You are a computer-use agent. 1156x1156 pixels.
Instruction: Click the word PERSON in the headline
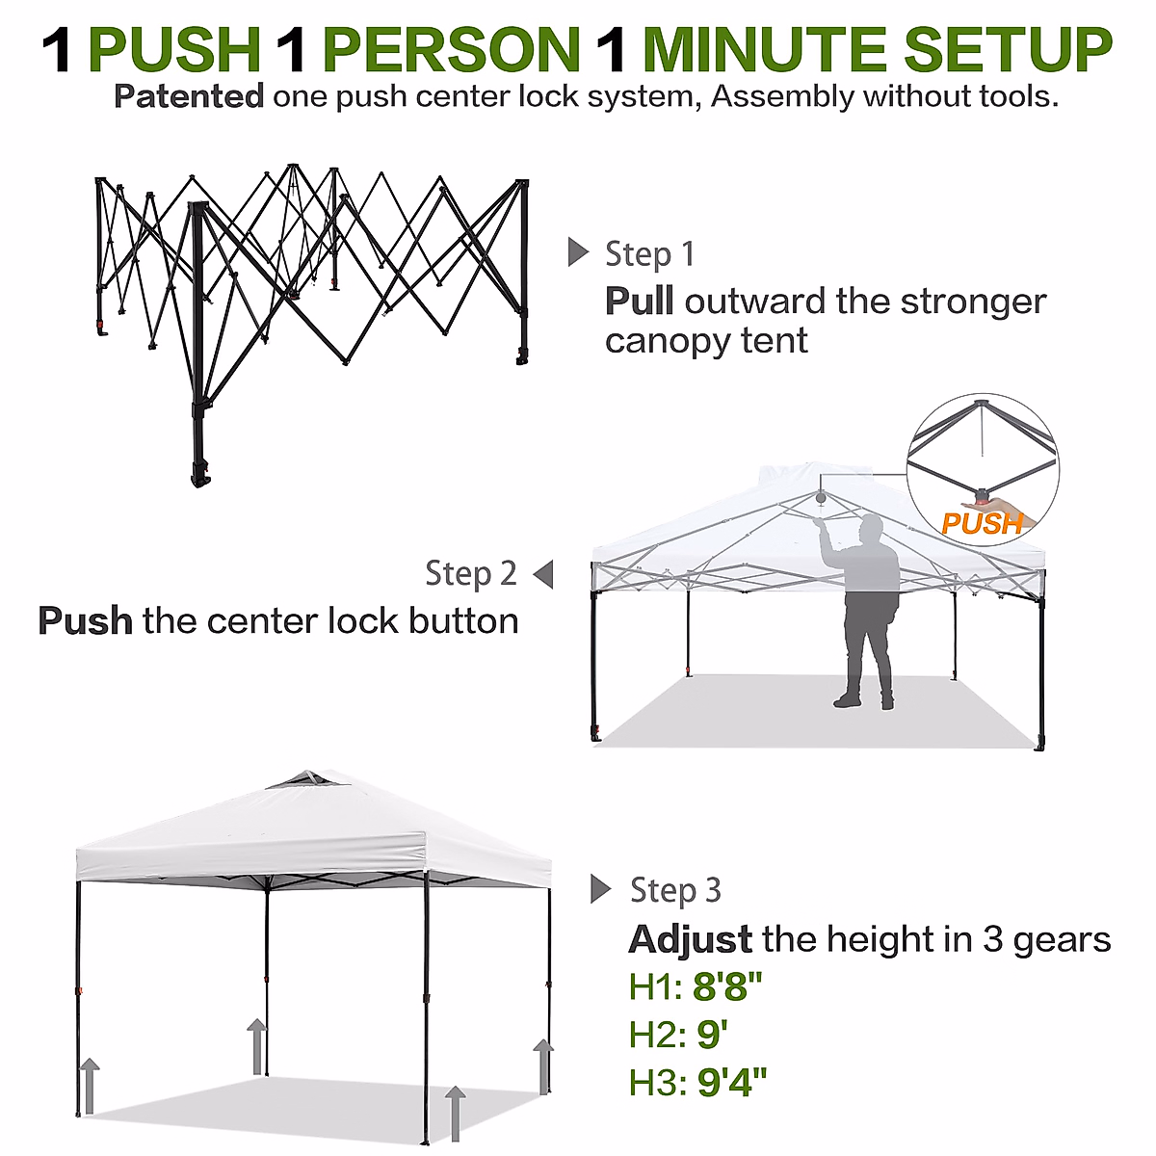(451, 50)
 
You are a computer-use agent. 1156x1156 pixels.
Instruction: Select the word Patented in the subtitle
(189, 97)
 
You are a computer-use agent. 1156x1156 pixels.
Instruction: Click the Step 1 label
(649, 254)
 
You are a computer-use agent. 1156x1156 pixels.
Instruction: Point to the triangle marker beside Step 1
(578, 252)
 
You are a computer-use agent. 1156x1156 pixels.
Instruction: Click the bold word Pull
(639, 302)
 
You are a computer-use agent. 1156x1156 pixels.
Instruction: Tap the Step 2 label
(471, 574)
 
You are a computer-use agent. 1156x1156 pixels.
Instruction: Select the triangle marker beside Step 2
(543, 574)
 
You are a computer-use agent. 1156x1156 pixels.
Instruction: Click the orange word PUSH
(981, 524)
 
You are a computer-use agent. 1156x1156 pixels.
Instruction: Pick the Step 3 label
(675, 890)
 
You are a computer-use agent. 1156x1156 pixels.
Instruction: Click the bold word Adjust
(690, 939)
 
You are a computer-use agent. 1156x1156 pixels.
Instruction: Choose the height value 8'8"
(727, 987)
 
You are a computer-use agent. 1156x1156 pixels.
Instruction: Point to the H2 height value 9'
(712, 1035)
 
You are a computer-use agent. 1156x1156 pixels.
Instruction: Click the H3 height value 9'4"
(732, 1083)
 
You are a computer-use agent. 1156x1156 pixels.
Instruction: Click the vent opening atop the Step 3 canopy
(305, 779)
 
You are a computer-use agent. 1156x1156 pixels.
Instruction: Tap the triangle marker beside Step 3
(601, 889)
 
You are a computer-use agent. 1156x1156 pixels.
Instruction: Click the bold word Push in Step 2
(85, 621)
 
